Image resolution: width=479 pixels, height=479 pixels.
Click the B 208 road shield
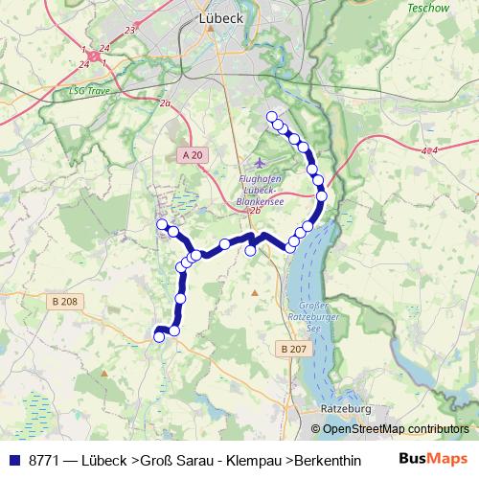pos(62,302)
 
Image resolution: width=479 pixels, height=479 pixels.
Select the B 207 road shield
pos(296,349)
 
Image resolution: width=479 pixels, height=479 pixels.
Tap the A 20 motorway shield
pos(192,153)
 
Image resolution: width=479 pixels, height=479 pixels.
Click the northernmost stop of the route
pos(272,116)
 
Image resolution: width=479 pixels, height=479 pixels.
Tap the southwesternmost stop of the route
pos(159,336)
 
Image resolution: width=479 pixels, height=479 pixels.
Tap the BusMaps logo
pos(433,458)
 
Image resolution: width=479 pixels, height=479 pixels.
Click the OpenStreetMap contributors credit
pos(396,429)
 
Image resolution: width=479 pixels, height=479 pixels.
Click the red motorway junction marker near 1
pos(95,57)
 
